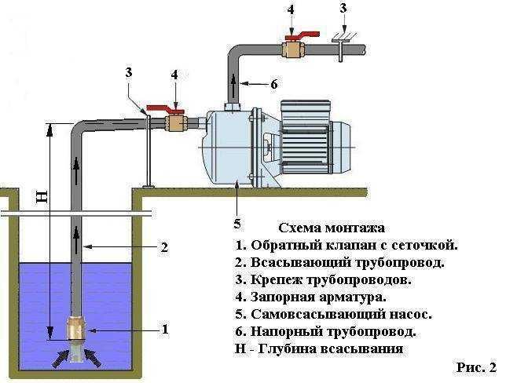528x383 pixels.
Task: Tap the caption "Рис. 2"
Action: (475, 367)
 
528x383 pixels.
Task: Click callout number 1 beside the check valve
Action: (165, 330)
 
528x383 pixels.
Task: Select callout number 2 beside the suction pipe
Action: (164, 247)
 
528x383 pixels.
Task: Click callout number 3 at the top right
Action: (343, 9)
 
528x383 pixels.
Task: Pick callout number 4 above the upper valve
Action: (291, 10)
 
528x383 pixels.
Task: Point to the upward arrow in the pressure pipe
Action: (233, 81)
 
